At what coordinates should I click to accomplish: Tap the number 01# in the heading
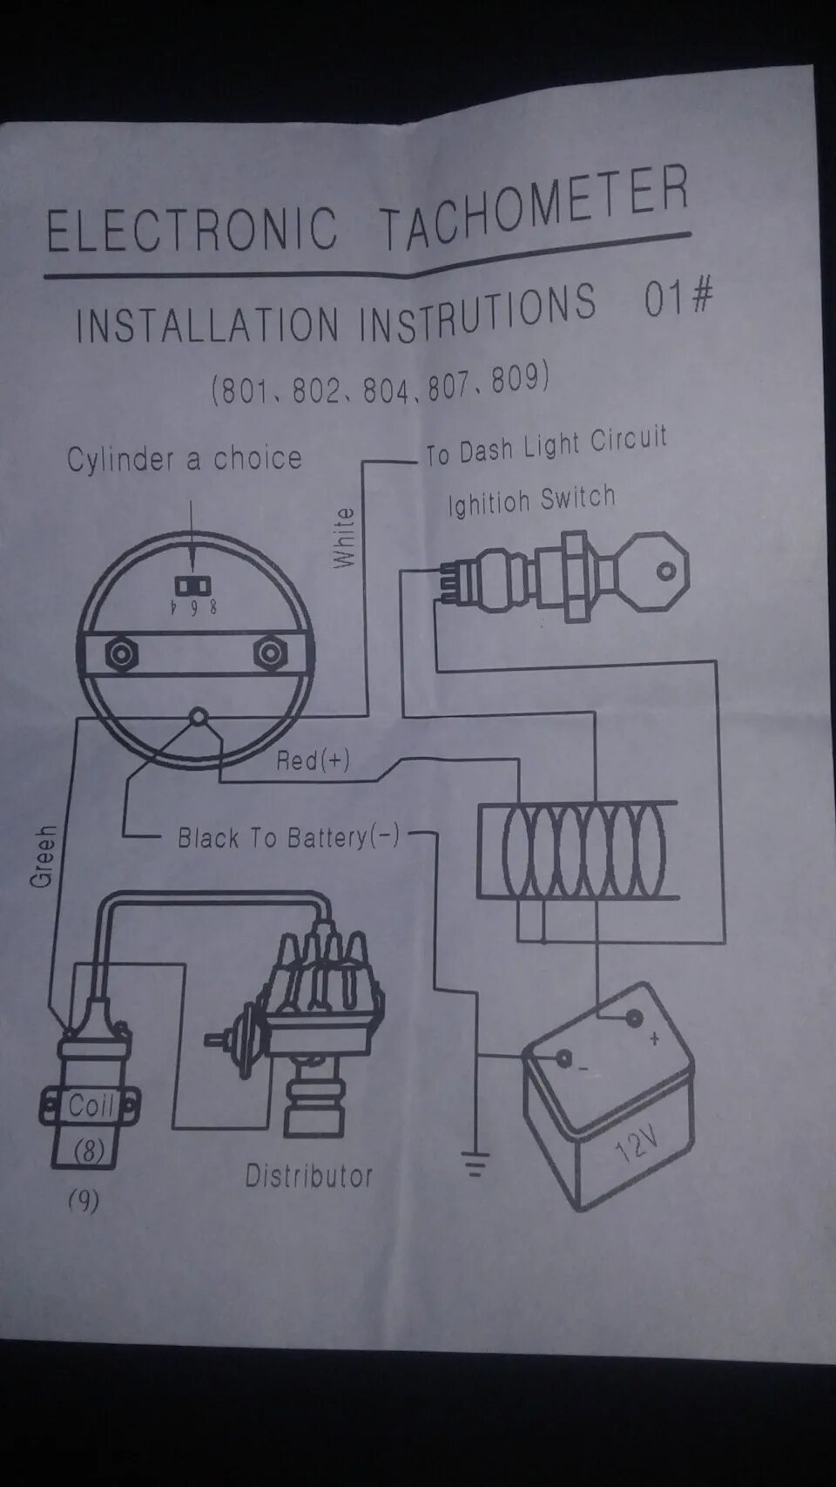pyautogui.click(x=678, y=299)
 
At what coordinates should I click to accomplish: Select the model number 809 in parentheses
pyautogui.click(x=519, y=380)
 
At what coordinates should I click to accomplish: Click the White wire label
pyautogui.click(x=345, y=538)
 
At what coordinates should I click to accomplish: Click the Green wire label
pyautogui.click(x=43, y=856)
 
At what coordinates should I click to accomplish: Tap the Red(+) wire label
pyautogui.click(x=313, y=760)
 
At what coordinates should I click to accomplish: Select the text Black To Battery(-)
pyautogui.click(x=288, y=838)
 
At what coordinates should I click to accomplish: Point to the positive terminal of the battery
pyautogui.click(x=634, y=1017)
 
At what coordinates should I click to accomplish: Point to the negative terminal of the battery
pyautogui.click(x=563, y=1059)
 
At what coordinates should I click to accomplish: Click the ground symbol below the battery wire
pyautogui.click(x=475, y=1164)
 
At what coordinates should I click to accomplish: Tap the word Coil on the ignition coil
pyautogui.click(x=91, y=1106)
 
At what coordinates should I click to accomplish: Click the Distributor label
pyautogui.click(x=308, y=1176)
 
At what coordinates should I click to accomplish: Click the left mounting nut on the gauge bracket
pyautogui.click(x=121, y=653)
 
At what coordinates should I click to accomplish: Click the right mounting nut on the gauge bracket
pyautogui.click(x=270, y=653)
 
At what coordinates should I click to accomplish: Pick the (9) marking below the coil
pyautogui.click(x=84, y=1201)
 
